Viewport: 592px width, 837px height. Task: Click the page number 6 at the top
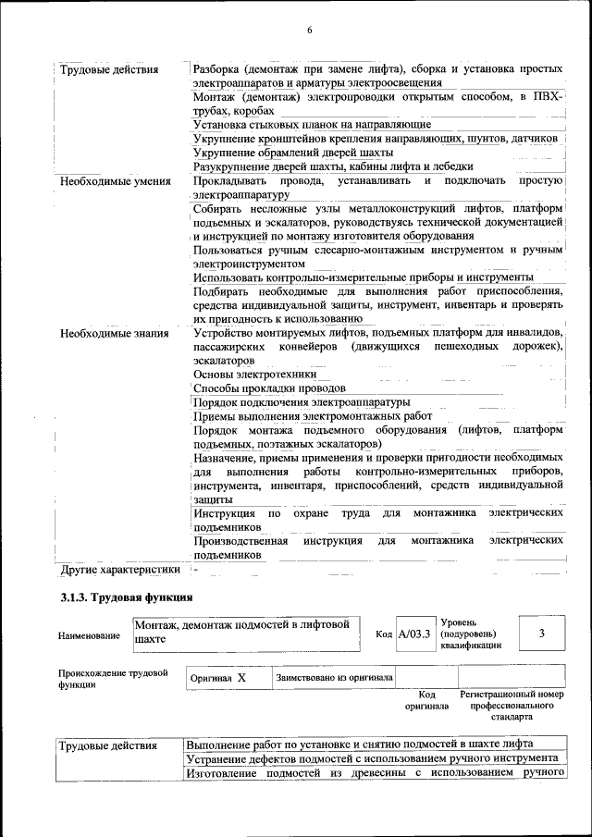coord(309,31)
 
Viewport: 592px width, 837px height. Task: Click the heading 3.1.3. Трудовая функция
coord(126,598)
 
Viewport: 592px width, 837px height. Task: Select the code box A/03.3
coord(413,634)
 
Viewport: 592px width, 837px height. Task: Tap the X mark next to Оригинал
coord(241,678)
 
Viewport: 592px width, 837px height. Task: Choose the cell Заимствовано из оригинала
coord(334,678)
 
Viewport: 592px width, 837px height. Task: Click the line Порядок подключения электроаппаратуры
coord(301,402)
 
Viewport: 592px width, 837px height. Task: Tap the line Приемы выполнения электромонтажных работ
coord(313,416)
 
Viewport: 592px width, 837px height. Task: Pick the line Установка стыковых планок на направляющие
coord(312,124)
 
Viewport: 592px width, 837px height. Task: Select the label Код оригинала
coord(426,700)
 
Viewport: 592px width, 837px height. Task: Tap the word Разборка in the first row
coord(217,69)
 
